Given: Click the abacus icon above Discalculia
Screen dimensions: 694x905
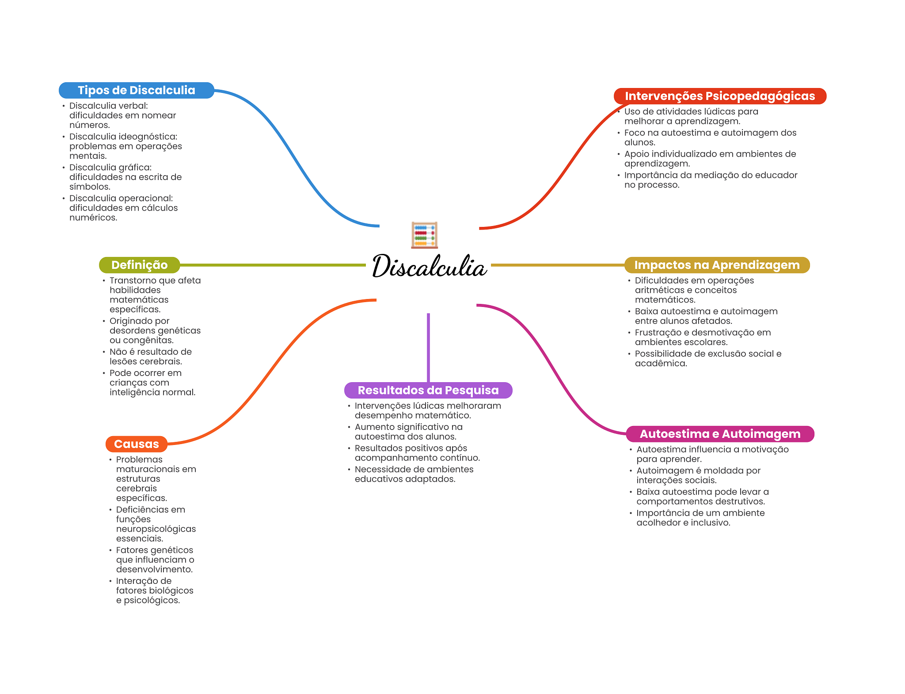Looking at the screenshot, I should [x=424, y=235].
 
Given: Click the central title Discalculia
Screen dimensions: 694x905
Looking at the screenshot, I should [x=429, y=266].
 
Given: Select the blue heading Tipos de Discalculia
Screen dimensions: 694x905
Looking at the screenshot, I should [x=136, y=90].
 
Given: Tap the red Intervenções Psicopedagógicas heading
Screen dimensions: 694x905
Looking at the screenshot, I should [x=719, y=96].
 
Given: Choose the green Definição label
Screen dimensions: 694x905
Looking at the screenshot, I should [x=139, y=265].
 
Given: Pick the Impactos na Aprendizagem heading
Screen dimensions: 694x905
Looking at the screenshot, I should [x=716, y=265].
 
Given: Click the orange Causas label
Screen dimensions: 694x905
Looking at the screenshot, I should [x=136, y=444].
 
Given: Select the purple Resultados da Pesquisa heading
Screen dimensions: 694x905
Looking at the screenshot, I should [x=428, y=390].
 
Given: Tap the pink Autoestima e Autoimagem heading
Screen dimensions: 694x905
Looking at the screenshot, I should [x=719, y=434].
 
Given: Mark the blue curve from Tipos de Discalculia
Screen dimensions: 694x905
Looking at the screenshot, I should [x=292, y=155].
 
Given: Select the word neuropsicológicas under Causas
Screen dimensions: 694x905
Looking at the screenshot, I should [x=156, y=529].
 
